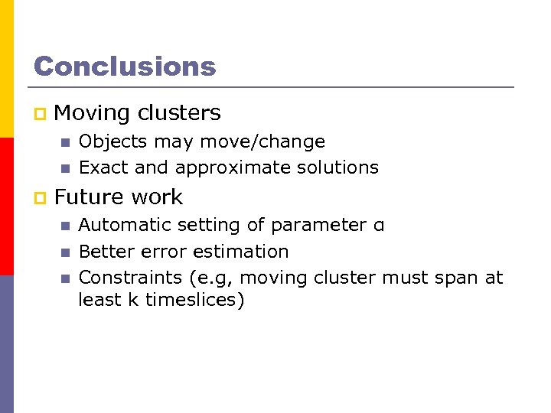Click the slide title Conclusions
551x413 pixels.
[x=125, y=67]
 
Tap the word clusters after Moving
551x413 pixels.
[x=179, y=113]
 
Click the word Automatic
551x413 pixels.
[x=124, y=225]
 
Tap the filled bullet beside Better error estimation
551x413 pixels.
[x=64, y=252]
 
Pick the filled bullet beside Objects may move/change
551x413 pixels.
[x=64, y=142]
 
